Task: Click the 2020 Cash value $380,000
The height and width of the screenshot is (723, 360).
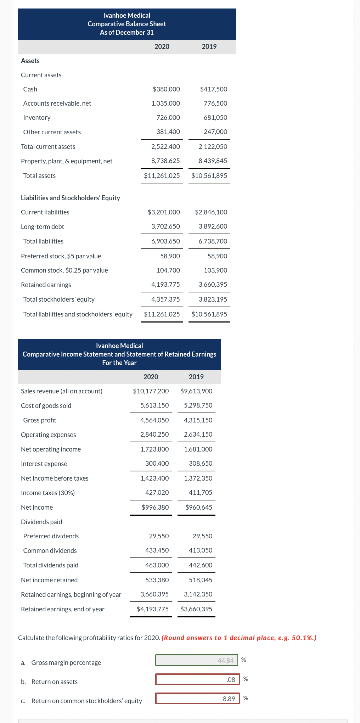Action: click(x=166, y=89)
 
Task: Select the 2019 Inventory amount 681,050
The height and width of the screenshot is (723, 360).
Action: click(x=215, y=118)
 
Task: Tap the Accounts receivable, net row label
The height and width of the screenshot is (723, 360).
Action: click(x=57, y=103)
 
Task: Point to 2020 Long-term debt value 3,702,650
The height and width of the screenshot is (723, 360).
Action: click(x=165, y=226)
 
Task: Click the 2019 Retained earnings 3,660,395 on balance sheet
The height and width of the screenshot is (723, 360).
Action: click(x=213, y=285)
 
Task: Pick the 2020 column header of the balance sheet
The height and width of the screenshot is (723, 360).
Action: click(x=162, y=46)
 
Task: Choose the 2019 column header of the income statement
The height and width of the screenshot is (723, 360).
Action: click(x=196, y=377)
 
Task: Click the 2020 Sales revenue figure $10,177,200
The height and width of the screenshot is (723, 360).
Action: click(x=151, y=391)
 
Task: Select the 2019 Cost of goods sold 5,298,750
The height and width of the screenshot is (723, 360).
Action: click(x=198, y=405)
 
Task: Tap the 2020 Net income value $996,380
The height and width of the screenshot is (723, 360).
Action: click(x=155, y=508)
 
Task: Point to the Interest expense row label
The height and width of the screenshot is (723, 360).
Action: click(x=44, y=464)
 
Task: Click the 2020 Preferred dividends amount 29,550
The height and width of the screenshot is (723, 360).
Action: click(x=159, y=536)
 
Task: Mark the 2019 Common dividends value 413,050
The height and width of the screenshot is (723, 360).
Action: click(x=201, y=550)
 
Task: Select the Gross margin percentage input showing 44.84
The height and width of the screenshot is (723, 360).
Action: click(x=196, y=660)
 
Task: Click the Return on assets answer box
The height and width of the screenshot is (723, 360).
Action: click(x=197, y=679)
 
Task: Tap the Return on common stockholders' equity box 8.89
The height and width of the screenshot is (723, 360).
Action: click(x=197, y=699)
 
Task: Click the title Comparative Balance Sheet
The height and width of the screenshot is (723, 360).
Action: click(x=127, y=24)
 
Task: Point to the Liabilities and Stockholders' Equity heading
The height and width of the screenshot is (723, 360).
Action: click(x=71, y=198)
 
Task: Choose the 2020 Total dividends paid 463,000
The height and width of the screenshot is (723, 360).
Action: click(x=157, y=565)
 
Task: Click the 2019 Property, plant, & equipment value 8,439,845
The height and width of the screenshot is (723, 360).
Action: click(x=213, y=161)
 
